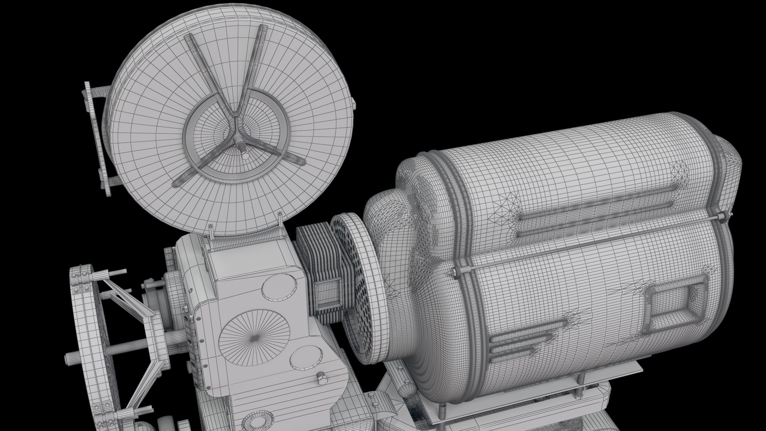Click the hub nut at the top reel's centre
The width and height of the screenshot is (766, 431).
point(242,146)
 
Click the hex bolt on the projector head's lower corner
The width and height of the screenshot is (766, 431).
point(321,378)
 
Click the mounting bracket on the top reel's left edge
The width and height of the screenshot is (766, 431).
point(96,140)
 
